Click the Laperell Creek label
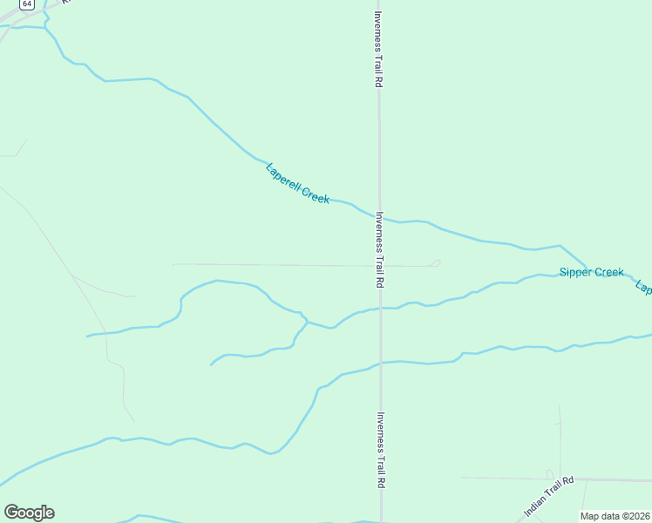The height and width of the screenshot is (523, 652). [297, 184]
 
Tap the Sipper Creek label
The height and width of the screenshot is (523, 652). [592, 273]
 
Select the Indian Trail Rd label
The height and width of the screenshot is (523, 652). [549, 494]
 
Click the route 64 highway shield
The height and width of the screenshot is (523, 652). [28, 4]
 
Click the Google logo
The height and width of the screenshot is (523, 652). [29, 513]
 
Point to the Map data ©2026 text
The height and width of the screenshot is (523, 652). [615, 516]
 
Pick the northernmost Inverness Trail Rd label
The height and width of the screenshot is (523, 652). [378, 49]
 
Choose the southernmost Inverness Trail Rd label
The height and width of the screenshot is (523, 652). [380, 450]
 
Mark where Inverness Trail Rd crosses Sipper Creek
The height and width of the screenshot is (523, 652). [380, 309]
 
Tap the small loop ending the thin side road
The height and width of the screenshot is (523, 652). [435, 261]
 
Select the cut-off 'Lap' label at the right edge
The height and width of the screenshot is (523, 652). [643, 287]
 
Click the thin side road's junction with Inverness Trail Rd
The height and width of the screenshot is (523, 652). [379, 266]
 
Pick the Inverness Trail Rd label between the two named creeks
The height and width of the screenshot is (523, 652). [379, 249]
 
